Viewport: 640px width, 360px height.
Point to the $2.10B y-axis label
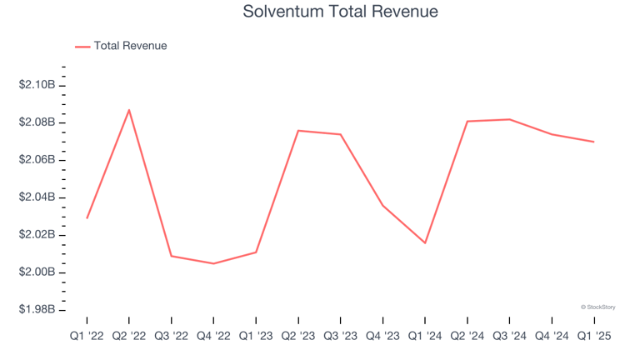(37, 85)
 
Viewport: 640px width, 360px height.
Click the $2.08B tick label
(37, 122)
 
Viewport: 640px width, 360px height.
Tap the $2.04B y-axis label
(37, 197)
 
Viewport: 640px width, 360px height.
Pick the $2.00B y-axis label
(37, 272)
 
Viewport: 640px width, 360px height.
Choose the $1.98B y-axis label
(37, 310)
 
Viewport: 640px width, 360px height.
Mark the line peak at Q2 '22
(129, 110)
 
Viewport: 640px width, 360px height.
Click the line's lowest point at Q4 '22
(213, 263)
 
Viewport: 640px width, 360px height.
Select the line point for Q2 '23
(298, 131)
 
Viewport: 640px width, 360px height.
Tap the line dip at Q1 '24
(425, 242)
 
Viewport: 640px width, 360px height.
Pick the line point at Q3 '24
(509, 119)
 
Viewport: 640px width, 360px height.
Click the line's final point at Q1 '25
(594, 142)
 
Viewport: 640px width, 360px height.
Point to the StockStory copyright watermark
(597, 307)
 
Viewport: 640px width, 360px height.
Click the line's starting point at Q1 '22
(87, 218)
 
